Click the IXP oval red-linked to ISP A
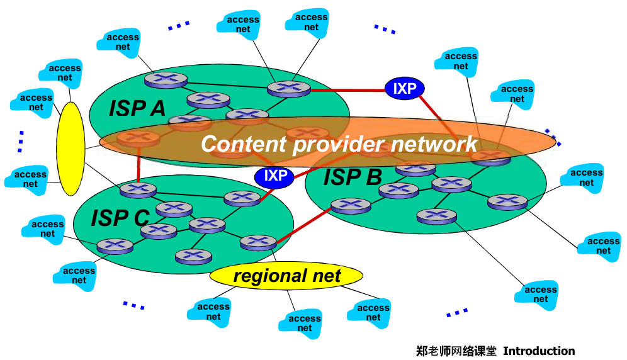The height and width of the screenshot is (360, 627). tap(405, 89)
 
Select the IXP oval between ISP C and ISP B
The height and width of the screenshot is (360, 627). tap(274, 176)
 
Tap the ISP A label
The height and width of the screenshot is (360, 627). tap(137, 108)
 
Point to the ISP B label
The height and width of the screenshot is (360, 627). tap(353, 177)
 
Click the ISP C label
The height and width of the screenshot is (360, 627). tap(120, 218)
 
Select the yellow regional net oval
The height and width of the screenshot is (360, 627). tap(286, 276)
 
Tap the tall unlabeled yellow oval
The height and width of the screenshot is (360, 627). tap(71, 149)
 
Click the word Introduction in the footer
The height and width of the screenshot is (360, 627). tap(538, 351)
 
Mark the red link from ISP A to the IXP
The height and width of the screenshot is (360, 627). tap(347, 90)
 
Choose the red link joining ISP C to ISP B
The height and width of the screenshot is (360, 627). tap(303, 224)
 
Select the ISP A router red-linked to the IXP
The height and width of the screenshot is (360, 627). tap(289, 88)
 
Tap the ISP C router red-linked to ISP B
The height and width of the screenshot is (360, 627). tap(258, 242)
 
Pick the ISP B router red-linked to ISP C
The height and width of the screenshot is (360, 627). tap(351, 205)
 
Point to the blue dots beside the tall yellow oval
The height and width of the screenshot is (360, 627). tap(20, 141)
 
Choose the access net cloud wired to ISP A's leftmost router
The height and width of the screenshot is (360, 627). tap(122, 42)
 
